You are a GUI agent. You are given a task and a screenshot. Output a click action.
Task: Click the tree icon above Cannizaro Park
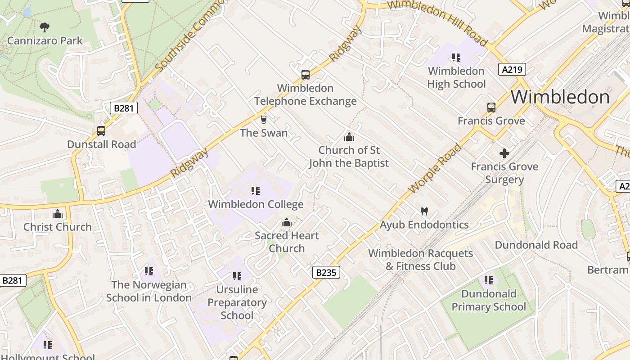tap(44, 27)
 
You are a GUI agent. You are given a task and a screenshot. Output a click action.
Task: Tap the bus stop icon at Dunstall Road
tap(101, 131)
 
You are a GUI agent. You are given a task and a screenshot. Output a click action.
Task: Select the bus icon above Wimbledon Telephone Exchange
tap(306, 75)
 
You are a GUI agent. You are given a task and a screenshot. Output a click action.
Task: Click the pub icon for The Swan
tap(264, 119)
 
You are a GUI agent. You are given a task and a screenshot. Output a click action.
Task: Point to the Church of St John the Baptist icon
tap(349, 137)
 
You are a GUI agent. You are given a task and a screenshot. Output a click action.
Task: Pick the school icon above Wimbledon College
tap(256, 191)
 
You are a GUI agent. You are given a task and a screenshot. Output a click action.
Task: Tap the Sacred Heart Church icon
tap(287, 222)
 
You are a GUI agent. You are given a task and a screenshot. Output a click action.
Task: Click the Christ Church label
tap(58, 227)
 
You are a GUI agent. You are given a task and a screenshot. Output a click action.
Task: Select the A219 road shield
tap(512, 69)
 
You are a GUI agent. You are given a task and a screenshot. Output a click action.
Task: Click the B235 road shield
tap(326, 272)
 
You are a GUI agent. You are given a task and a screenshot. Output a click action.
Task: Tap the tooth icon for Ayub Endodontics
tap(424, 211)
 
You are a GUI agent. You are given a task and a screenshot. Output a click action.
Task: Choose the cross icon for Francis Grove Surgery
tap(504, 153)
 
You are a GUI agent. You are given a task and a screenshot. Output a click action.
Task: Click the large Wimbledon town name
tap(560, 97)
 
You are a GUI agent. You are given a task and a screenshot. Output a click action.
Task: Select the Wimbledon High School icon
tap(456, 58)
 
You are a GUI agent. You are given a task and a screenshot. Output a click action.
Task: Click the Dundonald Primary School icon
tap(489, 280)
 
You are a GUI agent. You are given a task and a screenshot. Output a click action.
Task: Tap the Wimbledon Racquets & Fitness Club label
tap(421, 260)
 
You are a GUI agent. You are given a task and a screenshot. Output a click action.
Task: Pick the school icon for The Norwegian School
tap(149, 271)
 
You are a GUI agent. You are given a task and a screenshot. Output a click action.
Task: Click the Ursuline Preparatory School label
tap(237, 302)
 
